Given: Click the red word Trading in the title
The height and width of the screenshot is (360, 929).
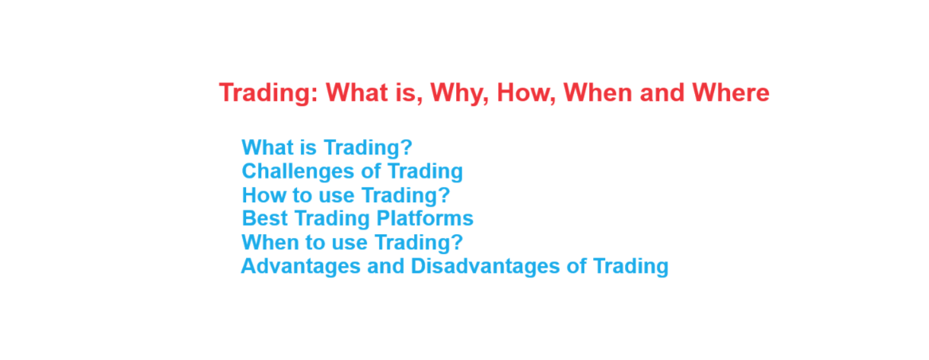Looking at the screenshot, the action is (270, 94).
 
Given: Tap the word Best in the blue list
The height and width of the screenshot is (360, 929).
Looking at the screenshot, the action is (265, 218).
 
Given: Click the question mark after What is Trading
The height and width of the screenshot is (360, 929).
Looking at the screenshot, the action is (407, 147).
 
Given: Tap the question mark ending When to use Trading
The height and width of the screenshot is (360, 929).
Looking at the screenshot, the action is (457, 242).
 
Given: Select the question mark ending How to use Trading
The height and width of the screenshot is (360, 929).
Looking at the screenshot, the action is (444, 194).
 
